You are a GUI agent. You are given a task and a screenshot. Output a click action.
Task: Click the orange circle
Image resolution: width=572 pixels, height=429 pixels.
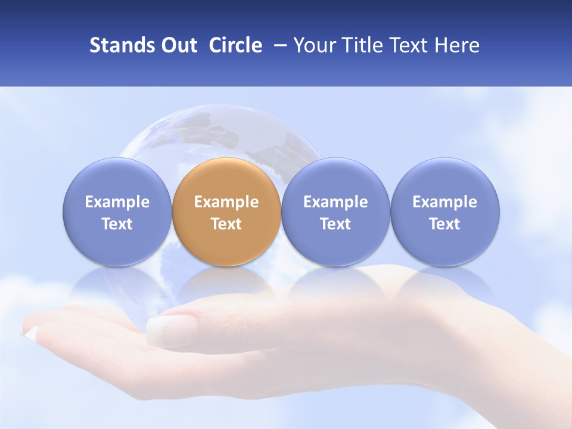pos(226,212)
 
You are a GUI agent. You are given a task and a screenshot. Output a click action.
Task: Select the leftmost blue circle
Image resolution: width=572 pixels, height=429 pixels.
pos(117,212)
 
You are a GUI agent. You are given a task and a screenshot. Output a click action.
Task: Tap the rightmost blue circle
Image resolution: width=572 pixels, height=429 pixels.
pos(445,212)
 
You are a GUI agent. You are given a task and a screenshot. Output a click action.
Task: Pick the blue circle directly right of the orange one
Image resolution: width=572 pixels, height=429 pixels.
pos(335,212)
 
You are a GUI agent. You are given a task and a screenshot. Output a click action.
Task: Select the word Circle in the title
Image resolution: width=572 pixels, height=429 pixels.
pos(235,45)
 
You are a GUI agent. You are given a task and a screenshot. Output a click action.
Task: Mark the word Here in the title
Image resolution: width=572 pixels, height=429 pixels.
pos(458,45)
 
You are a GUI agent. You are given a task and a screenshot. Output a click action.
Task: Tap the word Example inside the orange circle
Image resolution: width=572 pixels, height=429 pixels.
pos(226,203)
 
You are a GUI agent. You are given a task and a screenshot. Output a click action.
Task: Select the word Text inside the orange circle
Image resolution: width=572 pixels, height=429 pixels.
pos(226,224)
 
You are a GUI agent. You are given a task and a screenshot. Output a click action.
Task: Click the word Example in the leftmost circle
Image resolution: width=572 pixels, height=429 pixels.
pos(117,203)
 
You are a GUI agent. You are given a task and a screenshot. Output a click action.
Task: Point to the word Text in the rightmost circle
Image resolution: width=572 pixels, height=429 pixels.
pos(445,224)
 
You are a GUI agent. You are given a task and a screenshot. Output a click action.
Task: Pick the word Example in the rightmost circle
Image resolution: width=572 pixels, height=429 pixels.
pos(445,203)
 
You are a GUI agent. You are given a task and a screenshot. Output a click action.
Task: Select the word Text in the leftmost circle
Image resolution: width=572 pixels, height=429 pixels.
pos(117,224)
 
